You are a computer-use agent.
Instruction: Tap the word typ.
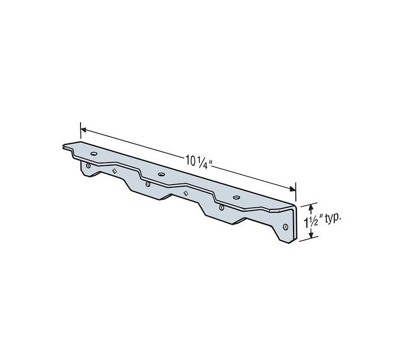(333, 218)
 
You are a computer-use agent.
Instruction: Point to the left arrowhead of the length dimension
(83, 129)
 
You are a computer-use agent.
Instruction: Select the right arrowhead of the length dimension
(293, 188)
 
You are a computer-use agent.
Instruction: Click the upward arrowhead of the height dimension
(311, 207)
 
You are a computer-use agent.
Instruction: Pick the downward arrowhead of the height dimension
(311, 234)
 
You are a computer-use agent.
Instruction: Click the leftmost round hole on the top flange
(93, 153)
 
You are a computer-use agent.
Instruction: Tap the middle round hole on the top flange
(161, 174)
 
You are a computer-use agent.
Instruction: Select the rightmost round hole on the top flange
(236, 198)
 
